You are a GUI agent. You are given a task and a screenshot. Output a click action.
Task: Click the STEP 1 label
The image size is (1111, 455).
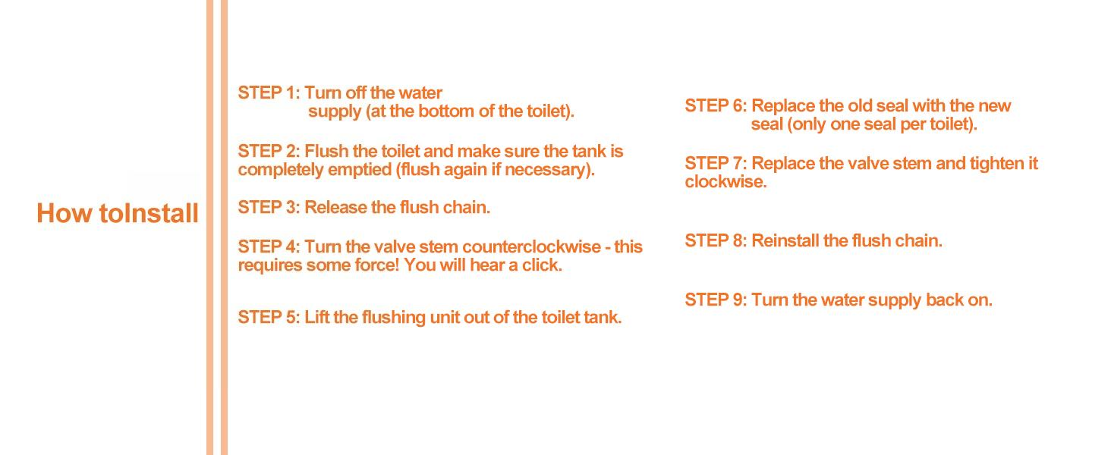click(269, 93)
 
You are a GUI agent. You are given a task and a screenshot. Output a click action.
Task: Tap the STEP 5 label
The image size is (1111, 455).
click(269, 317)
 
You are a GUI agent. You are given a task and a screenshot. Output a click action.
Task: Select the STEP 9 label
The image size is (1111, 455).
click(716, 300)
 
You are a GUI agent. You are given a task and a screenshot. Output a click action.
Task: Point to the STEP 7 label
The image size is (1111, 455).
click(716, 164)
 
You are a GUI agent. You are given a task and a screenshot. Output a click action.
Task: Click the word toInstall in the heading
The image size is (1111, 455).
click(149, 214)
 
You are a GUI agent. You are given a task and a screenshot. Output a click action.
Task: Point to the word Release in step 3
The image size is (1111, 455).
click(335, 207)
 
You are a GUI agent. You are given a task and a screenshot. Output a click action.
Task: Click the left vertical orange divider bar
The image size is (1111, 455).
click(209, 227)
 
